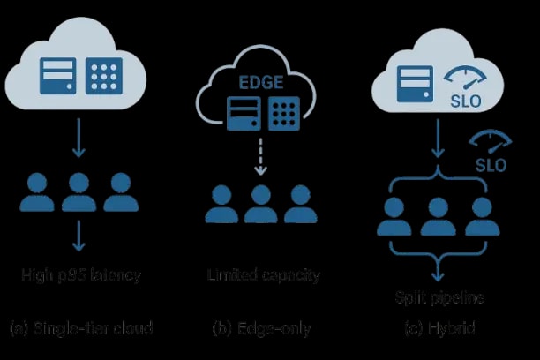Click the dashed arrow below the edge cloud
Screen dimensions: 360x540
260,160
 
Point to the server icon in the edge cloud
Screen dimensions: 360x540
240,116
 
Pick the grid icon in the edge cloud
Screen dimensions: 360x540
282,116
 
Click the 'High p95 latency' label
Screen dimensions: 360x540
81,275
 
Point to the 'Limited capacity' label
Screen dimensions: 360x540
263,275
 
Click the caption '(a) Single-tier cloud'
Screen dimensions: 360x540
81,328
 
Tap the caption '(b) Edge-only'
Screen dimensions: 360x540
262,328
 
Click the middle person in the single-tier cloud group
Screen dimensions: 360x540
79,193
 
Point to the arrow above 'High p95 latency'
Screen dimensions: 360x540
79,236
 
